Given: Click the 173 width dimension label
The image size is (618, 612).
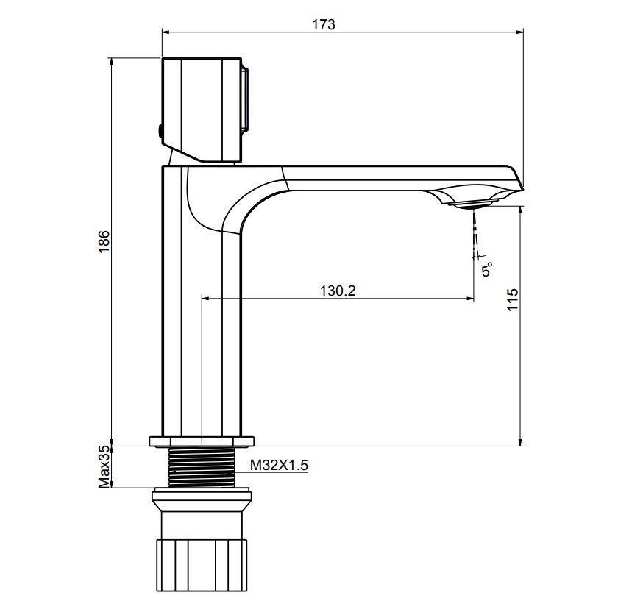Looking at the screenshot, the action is pyautogui.click(x=324, y=24).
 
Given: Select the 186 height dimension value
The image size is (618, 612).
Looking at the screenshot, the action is pyautogui.click(x=104, y=241).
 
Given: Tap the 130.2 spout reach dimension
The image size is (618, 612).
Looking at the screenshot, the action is pyautogui.click(x=338, y=291).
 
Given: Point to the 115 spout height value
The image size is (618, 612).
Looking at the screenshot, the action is pyautogui.click(x=512, y=299).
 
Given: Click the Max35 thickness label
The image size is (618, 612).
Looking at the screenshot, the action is pyautogui.click(x=104, y=467).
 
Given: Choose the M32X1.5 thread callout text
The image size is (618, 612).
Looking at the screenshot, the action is pyautogui.click(x=279, y=466).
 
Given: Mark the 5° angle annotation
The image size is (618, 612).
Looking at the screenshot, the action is pyautogui.click(x=487, y=269).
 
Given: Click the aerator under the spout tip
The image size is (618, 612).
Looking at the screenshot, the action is pyautogui.click(x=472, y=204).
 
